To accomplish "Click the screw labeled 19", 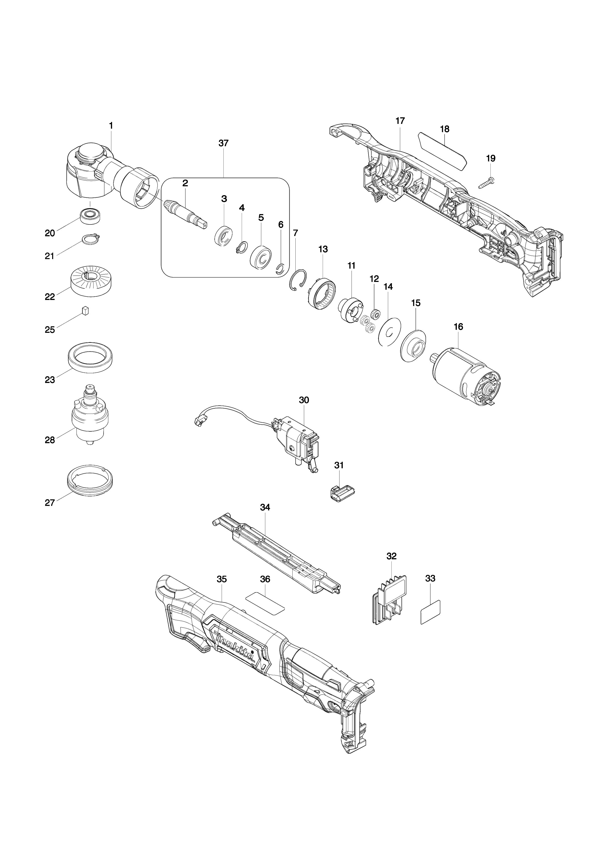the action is point(486,183).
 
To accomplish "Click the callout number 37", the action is point(223,143).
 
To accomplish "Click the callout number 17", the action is point(400,121).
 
